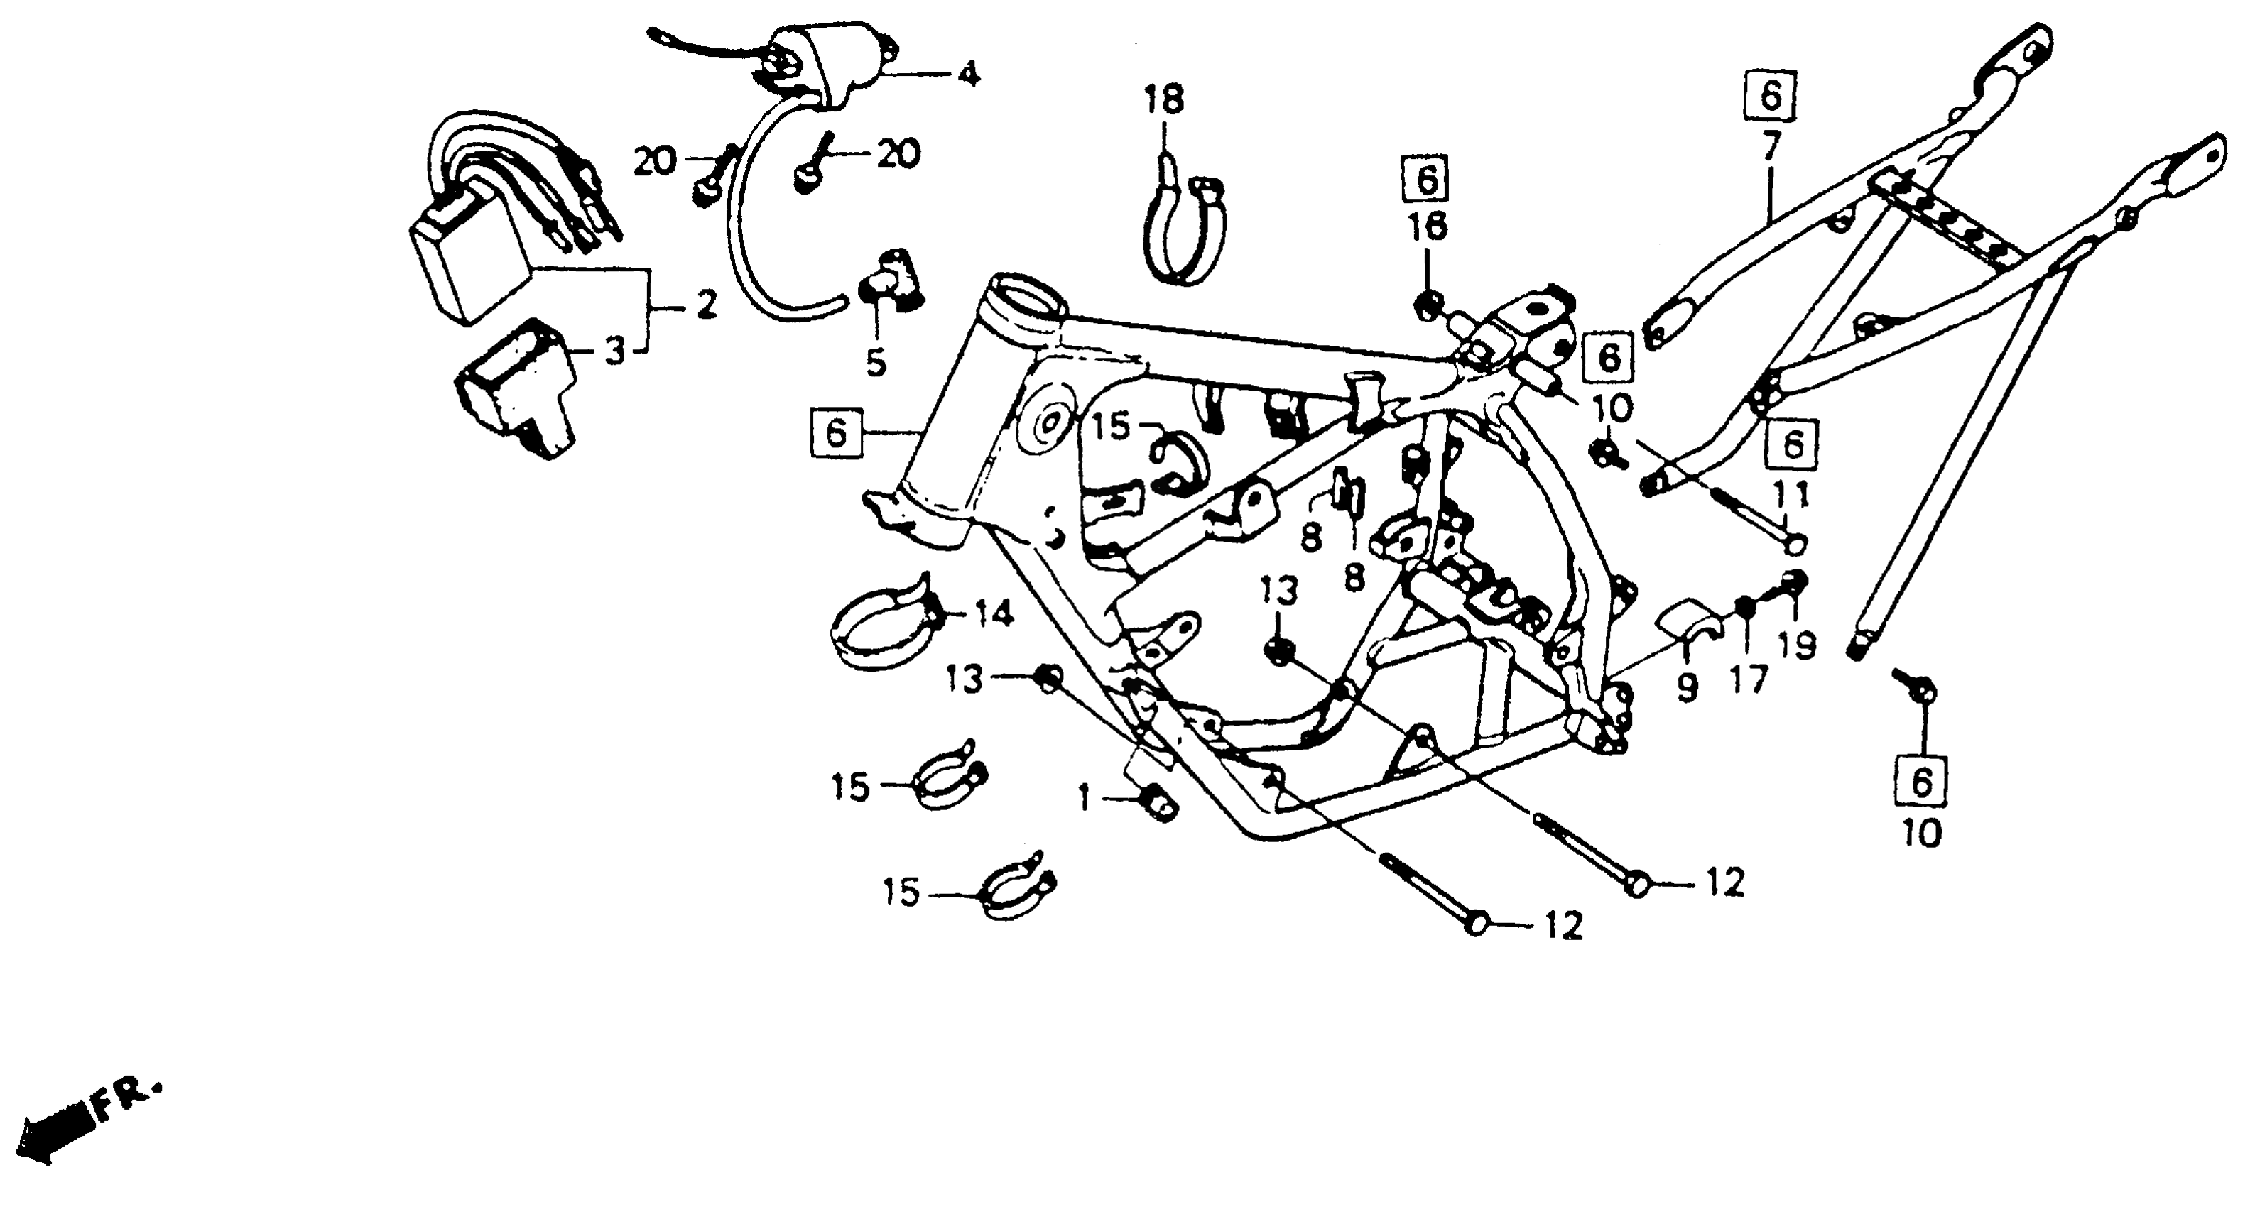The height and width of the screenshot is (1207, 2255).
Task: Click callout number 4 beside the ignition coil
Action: pos(967,74)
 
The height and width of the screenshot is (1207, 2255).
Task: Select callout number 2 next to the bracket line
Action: pos(705,305)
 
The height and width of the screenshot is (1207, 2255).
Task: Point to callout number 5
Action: pos(876,361)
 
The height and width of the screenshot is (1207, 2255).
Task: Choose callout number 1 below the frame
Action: pos(1085,797)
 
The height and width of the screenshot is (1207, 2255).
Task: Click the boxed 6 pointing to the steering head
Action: pos(836,432)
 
